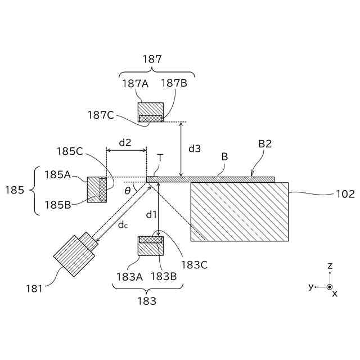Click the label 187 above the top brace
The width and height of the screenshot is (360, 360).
click(152, 58)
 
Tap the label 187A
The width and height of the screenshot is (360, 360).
click(135, 83)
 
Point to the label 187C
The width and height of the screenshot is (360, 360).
click(101, 115)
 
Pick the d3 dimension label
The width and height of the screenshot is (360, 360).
click(194, 148)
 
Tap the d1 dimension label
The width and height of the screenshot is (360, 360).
click(151, 214)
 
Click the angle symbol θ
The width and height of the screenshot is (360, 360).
click(128, 190)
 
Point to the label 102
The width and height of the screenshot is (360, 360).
click(345, 194)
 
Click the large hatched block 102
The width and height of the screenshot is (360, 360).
click(240, 211)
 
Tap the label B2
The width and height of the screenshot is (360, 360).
click(265, 144)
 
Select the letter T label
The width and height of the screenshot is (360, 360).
click(160, 158)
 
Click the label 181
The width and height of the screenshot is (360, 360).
click(34, 289)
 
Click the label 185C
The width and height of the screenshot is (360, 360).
click(70, 151)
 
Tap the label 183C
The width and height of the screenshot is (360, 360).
click(195, 264)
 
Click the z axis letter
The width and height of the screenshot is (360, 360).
click(330, 265)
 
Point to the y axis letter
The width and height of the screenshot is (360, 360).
click(310, 287)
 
